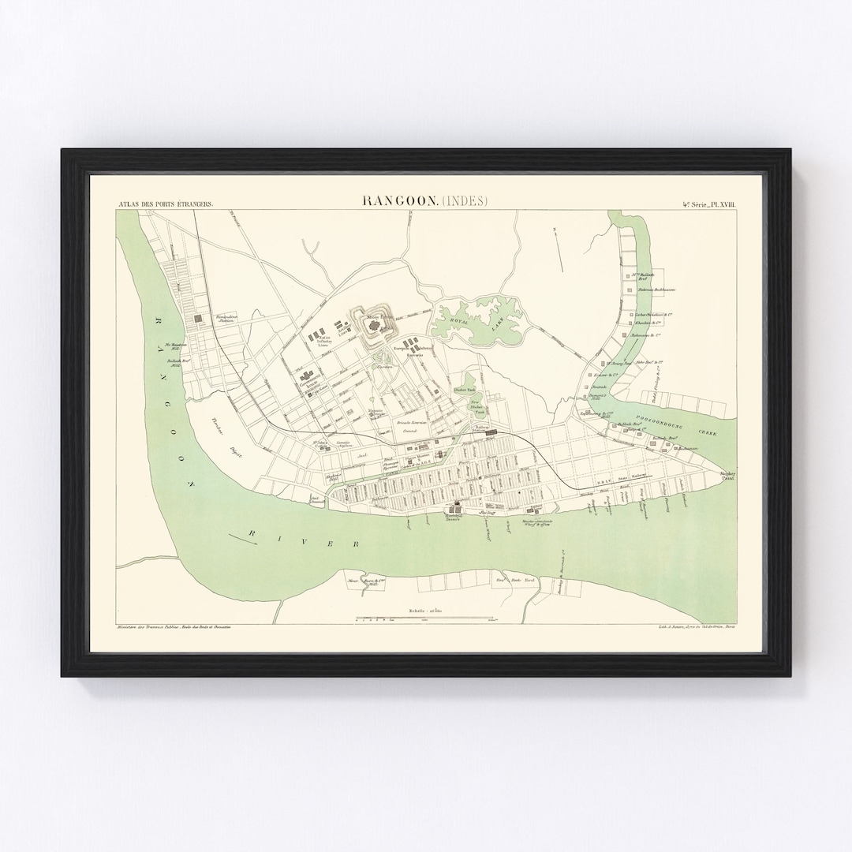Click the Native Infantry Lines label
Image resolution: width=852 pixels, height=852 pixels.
point(321,341)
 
